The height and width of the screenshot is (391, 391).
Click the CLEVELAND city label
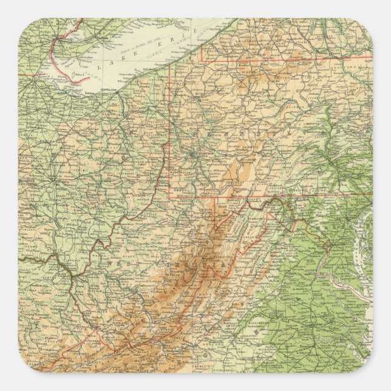point(104,87)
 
